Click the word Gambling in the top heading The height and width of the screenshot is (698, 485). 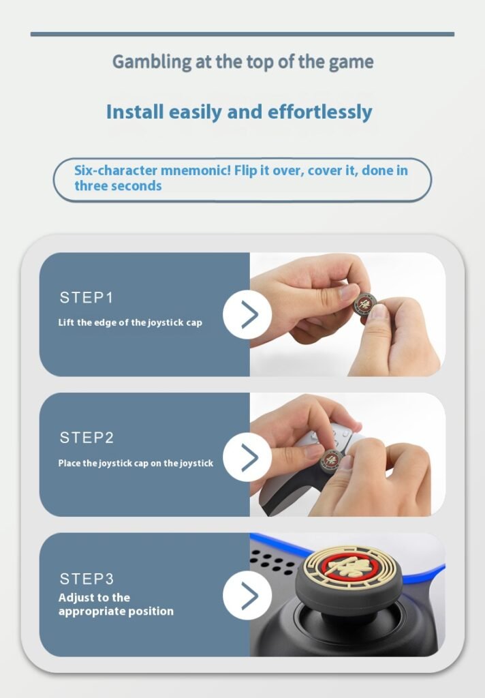click(152, 62)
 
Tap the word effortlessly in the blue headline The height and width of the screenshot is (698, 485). click(320, 112)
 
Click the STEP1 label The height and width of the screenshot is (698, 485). click(87, 297)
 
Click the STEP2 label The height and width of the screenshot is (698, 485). click(87, 438)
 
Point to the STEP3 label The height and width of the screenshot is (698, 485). click(87, 579)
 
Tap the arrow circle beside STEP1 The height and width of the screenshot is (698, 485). click(247, 314)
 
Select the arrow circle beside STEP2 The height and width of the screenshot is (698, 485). click(247, 457)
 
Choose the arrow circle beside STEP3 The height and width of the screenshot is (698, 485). click(247, 595)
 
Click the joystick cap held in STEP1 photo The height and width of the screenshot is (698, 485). click(364, 305)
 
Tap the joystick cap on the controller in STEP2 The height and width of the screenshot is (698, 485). click(332, 459)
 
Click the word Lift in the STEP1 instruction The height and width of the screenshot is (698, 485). click(66, 322)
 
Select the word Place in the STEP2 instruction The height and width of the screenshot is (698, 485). click(70, 463)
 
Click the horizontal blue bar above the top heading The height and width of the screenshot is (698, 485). click(242, 34)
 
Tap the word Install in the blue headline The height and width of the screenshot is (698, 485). click(135, 112)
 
